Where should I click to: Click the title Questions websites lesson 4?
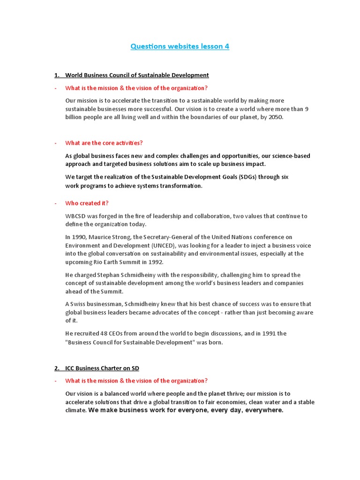pyautogui.click(x=180, y=46)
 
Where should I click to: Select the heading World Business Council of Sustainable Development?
pyautogui.click(x=137, y=75)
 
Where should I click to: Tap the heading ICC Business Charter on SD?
pyautogui.click(x=102, y=367)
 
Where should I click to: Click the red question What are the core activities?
pyautogui.click(x=104, y=143)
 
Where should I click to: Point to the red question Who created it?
pyautogui.click(x=87, y=203)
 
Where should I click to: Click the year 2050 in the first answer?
pyautogui.click(x=276, y=117)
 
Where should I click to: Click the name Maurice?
pyautogui.click(x=102, y=237)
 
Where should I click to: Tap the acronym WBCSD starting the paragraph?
pyautogui.click(x=76, y=216)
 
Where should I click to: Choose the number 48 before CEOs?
pyautogui.click(x=104, y=334)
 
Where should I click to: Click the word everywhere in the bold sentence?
pyautogui.click(x=266, y=411)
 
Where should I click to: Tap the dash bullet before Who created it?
pyautogui.click(x=55, y=203)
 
